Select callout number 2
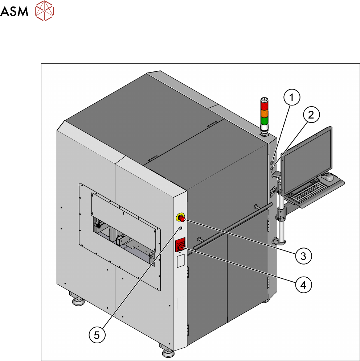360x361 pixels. coord(311,116)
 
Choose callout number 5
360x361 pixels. coord(97,335)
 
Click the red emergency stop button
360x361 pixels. coord(181,218)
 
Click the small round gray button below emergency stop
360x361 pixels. coord(180,229)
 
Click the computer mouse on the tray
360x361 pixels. coord(327,177)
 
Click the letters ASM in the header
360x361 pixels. coord(15,13)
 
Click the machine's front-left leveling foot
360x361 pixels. coord(77,299)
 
